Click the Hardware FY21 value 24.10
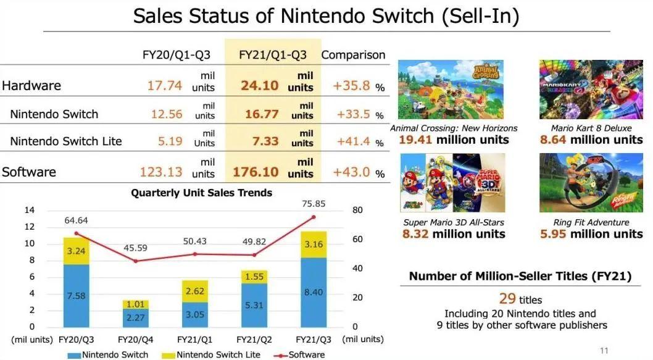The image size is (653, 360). [260, 85]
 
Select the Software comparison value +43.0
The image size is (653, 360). [352, 172]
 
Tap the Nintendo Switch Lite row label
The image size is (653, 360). [66, 141]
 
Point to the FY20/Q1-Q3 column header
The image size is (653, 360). [177, 55]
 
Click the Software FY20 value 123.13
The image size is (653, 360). [162, 172]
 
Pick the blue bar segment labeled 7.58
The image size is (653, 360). [77, 296]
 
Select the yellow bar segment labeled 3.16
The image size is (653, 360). [314, 245]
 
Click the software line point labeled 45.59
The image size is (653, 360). [136, 261]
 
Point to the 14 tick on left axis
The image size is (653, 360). [29, 211]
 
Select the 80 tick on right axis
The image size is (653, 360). [357, 211]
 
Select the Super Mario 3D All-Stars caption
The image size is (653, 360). [454, 222]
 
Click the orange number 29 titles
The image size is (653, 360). [507, 299]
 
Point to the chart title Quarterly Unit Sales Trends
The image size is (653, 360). [201, 193]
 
